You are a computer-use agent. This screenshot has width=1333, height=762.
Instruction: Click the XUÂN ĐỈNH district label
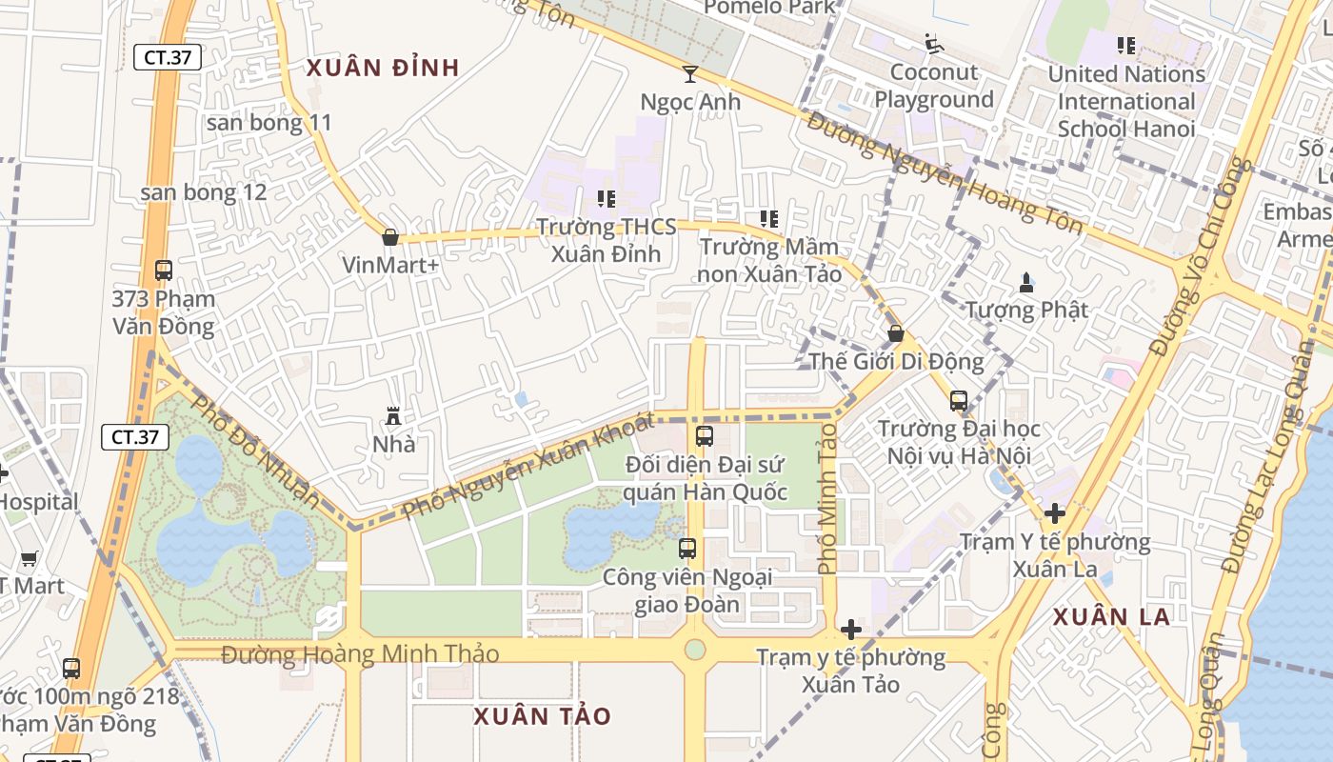(x=383, y=68)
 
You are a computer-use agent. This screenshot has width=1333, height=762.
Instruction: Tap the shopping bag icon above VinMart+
(x=389, y=237)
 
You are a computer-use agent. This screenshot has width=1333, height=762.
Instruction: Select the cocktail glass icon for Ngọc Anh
(x=690, y=73)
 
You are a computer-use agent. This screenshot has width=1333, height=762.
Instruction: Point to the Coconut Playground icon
(x=933, y=44)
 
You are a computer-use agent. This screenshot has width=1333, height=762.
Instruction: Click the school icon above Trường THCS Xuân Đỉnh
(x=606, y=198)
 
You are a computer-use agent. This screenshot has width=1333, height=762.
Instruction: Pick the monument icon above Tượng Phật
(x=1026, y=282)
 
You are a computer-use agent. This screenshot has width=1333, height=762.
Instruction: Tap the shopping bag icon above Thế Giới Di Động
(x=896, y=333)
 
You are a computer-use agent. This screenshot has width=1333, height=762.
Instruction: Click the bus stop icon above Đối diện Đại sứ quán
(x=705, y=436)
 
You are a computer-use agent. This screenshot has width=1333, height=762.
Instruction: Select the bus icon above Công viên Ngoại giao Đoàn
(x=687, y=549)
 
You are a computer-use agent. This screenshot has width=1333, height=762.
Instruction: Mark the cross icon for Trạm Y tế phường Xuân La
(x=1054, y=514)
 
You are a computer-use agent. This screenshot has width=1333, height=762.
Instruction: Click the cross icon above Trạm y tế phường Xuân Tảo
(x=851, y=630)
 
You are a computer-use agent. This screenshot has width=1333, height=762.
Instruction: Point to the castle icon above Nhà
(x=392, y=415)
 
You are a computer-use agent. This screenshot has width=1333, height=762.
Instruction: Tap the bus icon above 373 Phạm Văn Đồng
(x=164, y=270)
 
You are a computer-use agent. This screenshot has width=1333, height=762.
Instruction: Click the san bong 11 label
(x=269, y=122)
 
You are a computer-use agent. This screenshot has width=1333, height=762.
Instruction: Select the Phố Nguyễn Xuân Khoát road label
(x=528, y=466)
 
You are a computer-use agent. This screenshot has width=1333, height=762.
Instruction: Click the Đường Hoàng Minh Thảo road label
(x=360, y=654)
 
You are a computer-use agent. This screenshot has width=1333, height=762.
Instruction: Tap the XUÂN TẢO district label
(x=543, y=716)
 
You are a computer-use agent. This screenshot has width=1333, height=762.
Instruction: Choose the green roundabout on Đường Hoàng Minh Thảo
(x=695, y=650)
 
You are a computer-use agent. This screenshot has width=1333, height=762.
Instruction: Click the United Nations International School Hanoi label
(x=1126, y=101)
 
